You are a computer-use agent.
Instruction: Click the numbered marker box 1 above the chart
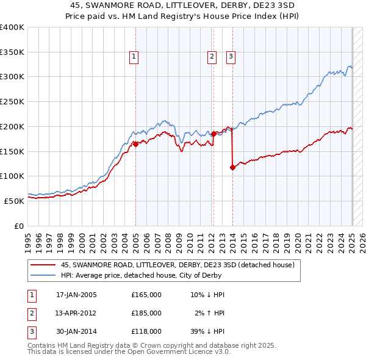point(134,57)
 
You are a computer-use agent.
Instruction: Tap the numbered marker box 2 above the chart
point(212,57)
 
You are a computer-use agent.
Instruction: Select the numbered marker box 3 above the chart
point(231,57)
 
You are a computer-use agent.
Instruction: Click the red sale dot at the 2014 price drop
point(232,167)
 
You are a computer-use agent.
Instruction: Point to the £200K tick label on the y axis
point(12,126)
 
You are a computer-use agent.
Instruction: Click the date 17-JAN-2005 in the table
point(76,295)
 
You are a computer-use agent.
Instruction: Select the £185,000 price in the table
point(146,313)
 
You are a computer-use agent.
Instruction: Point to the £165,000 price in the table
point(146,295)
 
